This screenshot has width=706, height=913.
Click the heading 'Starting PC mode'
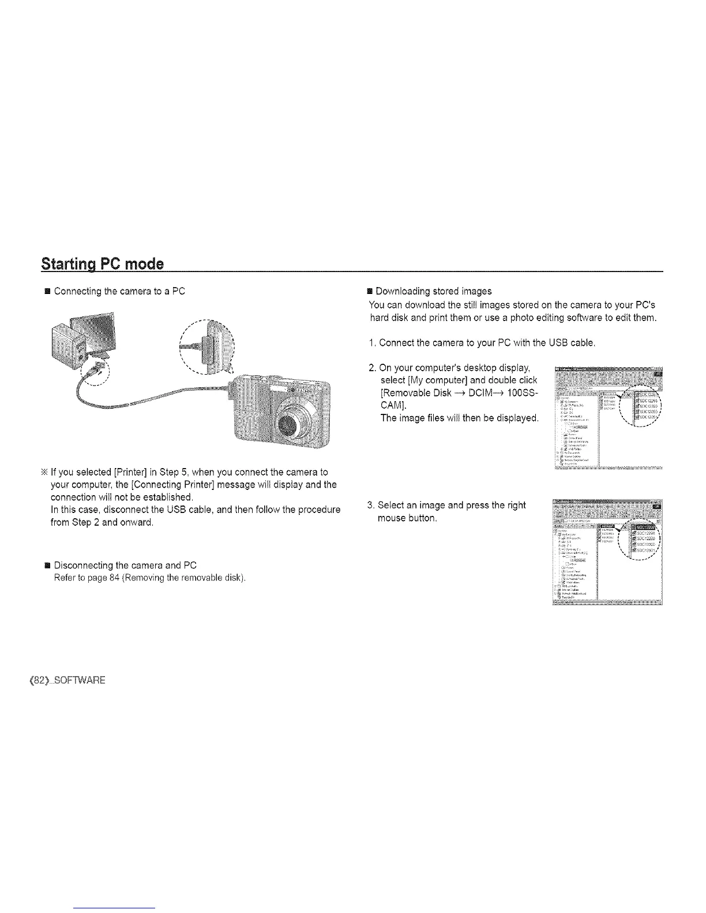click(x=103, y=265)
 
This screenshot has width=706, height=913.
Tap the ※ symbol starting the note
click(x=44, y=473)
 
